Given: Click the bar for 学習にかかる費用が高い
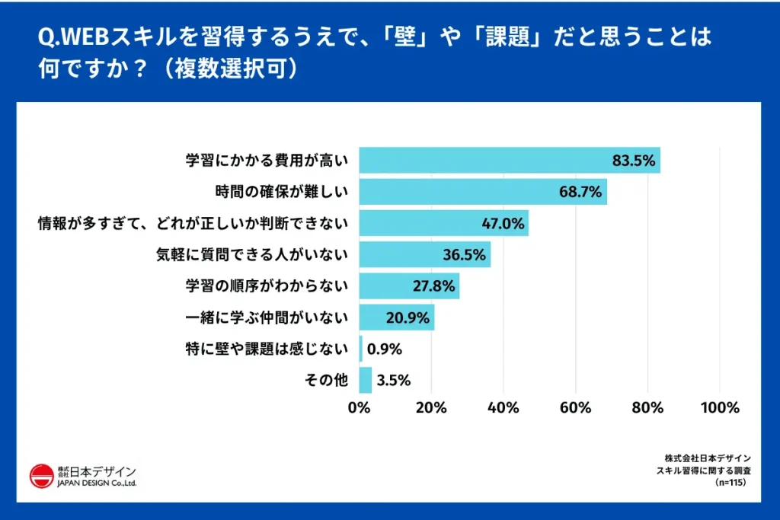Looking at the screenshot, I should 509,161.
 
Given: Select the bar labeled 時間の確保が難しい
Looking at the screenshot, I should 482,192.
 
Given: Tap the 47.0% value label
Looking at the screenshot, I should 503,224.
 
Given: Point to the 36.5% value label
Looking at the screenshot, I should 465,255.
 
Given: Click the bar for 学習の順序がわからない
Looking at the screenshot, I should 409,286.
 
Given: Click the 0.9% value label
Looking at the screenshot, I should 384,349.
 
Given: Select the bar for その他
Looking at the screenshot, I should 365,381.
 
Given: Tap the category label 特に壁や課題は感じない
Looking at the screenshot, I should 267,349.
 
